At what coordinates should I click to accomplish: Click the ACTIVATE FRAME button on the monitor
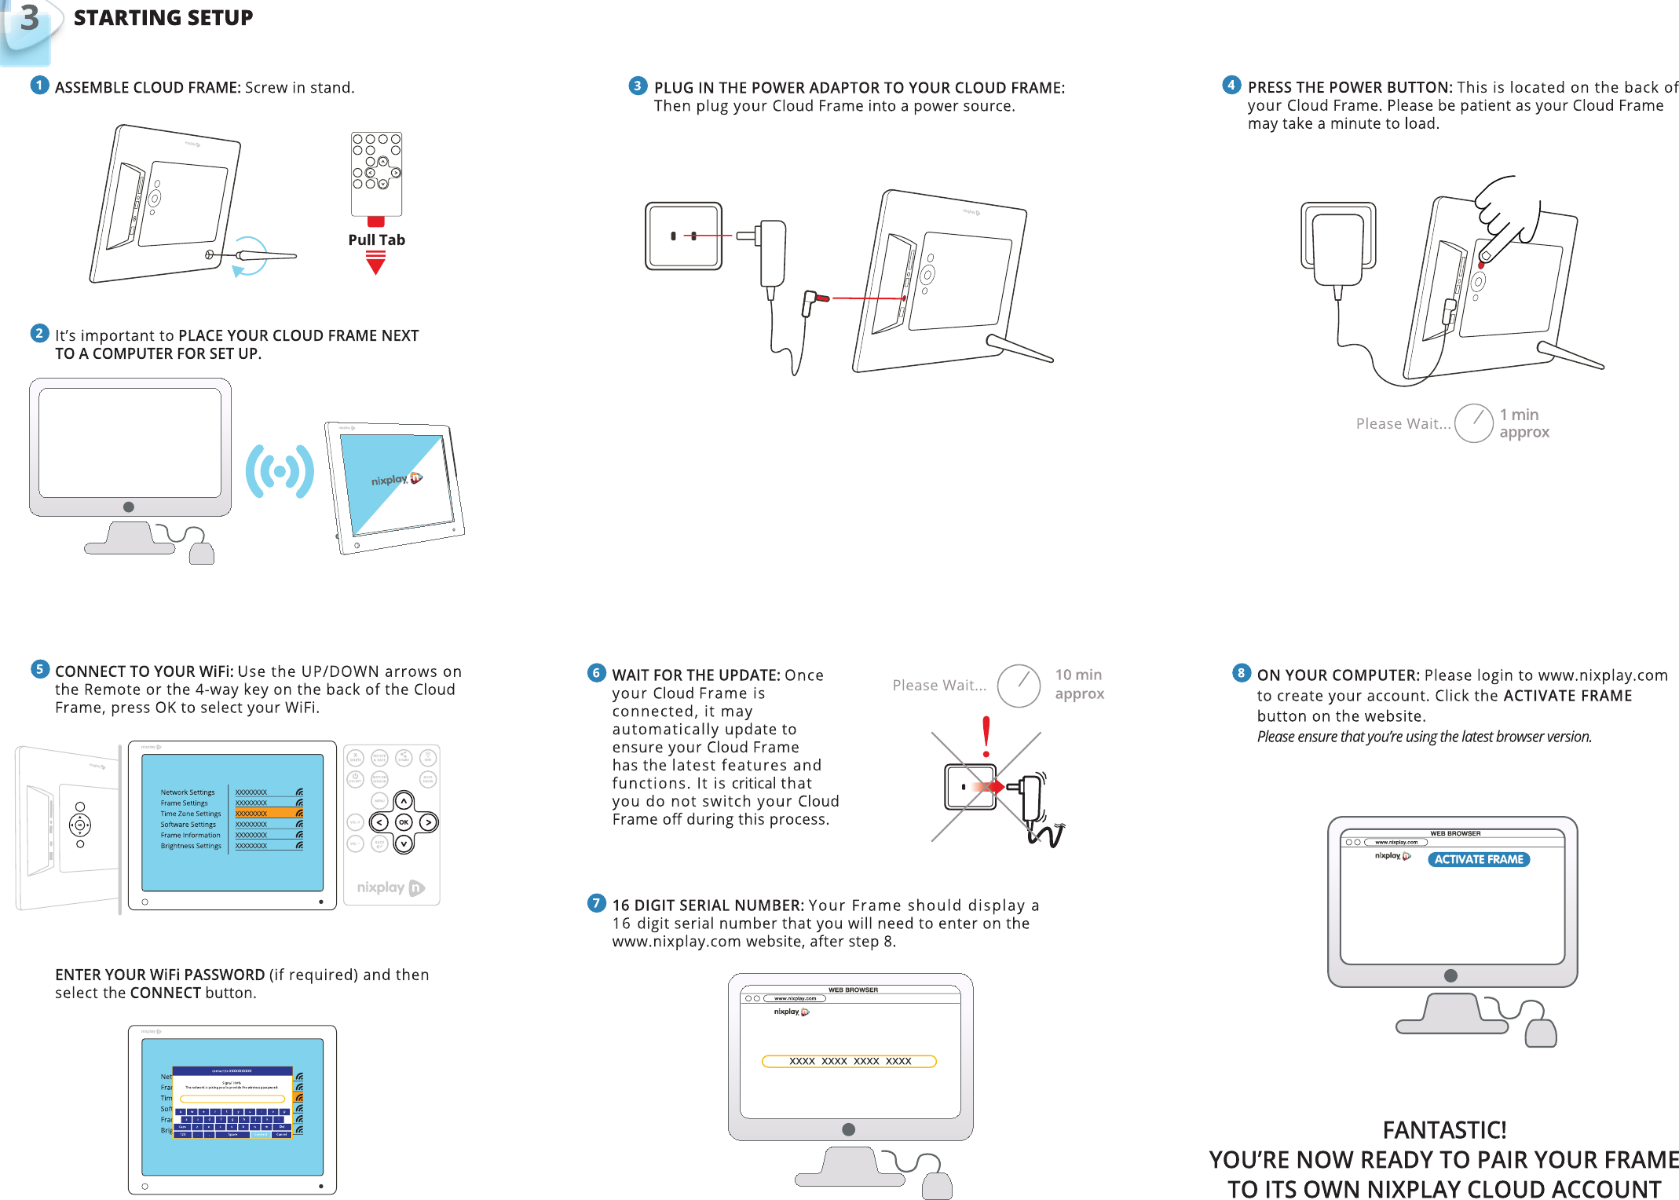[x=1478, y=859]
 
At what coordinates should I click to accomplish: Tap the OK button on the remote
[x=404, y=822]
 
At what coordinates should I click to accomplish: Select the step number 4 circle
[x=1231, y=86]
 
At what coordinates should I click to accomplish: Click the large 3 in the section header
[x=29, y=19]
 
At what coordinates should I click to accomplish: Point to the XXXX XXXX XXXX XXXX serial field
[x=849, y=1061]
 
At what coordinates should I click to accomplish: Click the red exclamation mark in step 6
[x=986, y=736]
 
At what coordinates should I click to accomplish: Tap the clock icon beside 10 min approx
[x=1019, y=686]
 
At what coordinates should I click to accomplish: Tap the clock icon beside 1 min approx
[x=1473, y=423]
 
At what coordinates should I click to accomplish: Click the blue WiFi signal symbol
[x=280, y=471]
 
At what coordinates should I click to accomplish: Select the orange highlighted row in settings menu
[x=269, y=814]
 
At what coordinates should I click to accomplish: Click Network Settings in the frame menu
[x=188, y=792]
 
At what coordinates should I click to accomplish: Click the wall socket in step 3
[x=683, y=236]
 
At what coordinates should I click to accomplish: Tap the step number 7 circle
[x=597, y=903]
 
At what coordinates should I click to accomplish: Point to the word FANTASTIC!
[x=1443, y=1129]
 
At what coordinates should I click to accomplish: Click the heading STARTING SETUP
[x=163, y=18]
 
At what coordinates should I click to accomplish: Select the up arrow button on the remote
[x=404, y=801]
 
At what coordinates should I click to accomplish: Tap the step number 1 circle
[x=39, y=85]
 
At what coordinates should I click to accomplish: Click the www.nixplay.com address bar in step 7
[x=795, y=998]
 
